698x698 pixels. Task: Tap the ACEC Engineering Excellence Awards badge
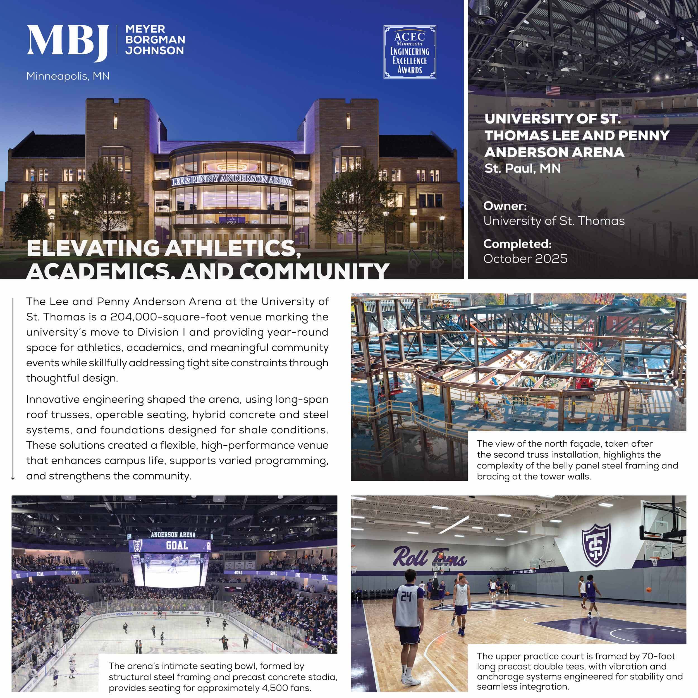coord(409,52)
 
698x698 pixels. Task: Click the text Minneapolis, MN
coord(68,77)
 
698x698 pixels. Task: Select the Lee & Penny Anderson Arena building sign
coord(231,179)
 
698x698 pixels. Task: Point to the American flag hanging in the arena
coord(553,90)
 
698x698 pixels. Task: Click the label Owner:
coord(505,206)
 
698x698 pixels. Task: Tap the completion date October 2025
coord(525,259)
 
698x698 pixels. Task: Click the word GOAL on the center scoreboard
coord(177,545)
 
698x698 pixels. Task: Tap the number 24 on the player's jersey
coord(407,596)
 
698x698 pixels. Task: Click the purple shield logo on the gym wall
coord(596,545)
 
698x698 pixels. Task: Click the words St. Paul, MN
coord(522,168)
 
